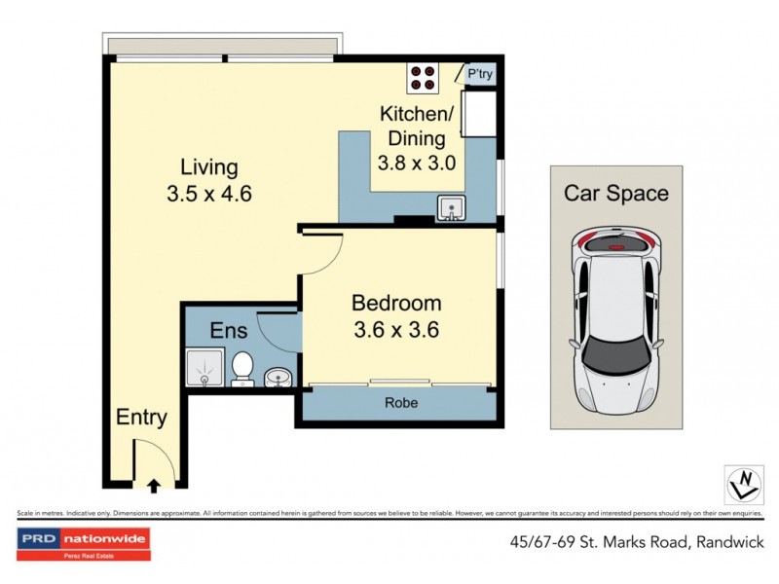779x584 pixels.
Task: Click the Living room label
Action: pyautogui.click(x=209, y=166)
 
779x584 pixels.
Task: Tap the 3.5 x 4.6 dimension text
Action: pyautogui.click(x=209, y=193)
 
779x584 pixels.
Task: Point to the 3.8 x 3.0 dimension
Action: pyautogui.click(x=417, y=163)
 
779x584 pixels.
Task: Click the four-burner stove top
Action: pyautogui.click(x=424, y=75)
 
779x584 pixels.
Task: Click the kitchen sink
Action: pyautogui.click(x=450, y=207)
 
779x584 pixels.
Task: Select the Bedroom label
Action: pyautogui.click(x=396, y=303)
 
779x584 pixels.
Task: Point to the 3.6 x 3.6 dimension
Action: pyautogui.click(x=396, y=329)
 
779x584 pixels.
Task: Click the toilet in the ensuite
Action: pyautogui.click(x=242, y=368)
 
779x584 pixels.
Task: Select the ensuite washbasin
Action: pyautogui.click(x=278, y=375)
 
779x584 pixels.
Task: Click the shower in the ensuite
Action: pyautogui.click(x=204, y=368)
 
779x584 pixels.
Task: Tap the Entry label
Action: pyautogui.click(x=142, y=418)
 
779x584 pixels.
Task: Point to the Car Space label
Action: pyautogui.click(x=616, y=193)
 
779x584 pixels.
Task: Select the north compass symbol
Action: pyautogui.click(x=744, y=481)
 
